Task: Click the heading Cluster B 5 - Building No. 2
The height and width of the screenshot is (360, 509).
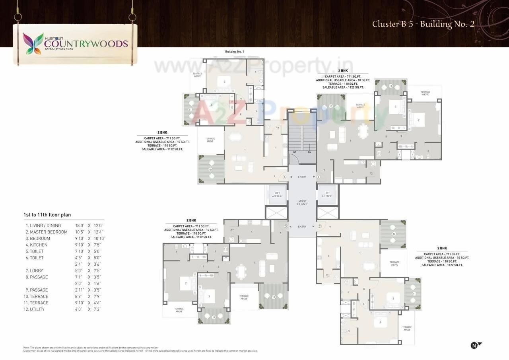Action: (423, 24)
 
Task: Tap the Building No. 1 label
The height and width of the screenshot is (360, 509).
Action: (234, 52)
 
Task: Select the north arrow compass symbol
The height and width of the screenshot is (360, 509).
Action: (476, 345)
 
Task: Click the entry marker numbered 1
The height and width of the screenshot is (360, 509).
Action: (319, 177)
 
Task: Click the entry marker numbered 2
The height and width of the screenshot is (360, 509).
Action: (319, 227)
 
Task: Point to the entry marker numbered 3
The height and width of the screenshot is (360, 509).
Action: (286, 227)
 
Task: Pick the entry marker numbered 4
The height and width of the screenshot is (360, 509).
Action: (285, 177)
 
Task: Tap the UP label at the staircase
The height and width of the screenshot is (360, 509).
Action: (294, 152)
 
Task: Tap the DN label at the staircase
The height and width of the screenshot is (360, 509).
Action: (309, 152)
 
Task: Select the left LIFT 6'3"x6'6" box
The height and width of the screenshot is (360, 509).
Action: (277, 195)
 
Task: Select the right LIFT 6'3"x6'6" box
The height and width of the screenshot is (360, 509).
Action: (327, 195)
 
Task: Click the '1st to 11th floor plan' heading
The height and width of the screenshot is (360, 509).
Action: (47, 215)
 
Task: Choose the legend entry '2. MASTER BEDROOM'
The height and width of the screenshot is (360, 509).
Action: (47, 232)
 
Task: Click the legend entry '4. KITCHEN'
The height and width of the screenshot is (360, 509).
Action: (37, 245)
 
